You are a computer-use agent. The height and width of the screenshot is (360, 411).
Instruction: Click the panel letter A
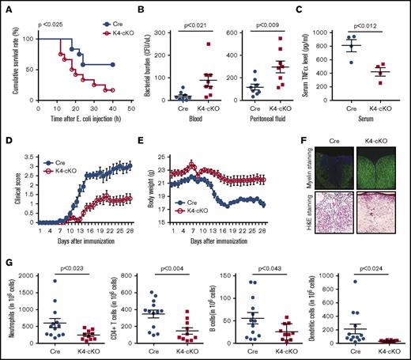(6, 6)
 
